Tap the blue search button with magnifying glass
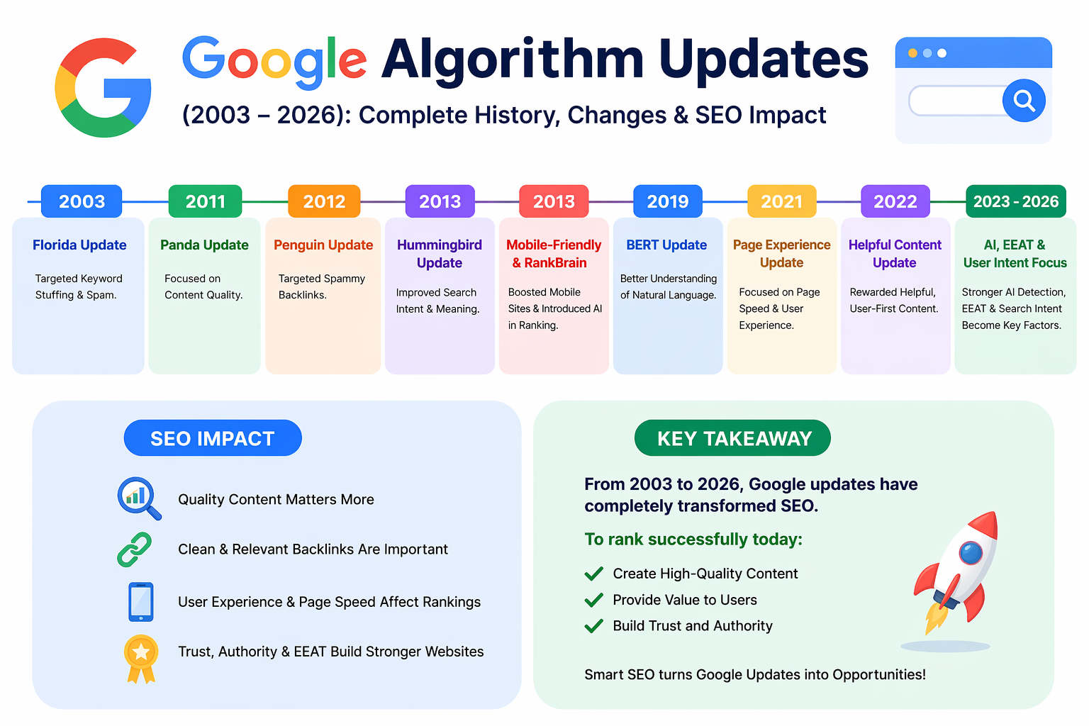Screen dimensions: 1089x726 [x=1024, y=100]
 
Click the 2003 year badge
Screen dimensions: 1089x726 [x=82, y=201]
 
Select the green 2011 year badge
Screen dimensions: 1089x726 [x=205, y=201]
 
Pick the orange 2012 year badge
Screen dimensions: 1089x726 [x=324, y=201]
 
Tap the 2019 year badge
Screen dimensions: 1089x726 [x=667, y=201]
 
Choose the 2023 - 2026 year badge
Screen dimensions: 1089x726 [x=1015, y=201]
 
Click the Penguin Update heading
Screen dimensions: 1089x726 [x=323, y=245]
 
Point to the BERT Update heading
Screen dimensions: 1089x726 [x=666, y=245]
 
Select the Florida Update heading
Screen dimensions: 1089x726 [x=79, y=245]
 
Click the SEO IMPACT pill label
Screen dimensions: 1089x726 [x=213, y=438]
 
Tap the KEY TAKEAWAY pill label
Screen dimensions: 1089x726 [x=732, y=438]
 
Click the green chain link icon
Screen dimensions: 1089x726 [x=134, y=549]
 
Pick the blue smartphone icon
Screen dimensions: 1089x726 [x=141, y=602]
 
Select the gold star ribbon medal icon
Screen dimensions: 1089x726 [x=141, y=659]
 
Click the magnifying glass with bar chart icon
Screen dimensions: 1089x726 [x=139, y=498]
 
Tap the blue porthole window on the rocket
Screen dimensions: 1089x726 [x=971, y=553]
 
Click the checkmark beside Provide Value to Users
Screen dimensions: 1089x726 [x=593, y=600]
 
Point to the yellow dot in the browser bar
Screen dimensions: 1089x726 [x=912, y=53]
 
